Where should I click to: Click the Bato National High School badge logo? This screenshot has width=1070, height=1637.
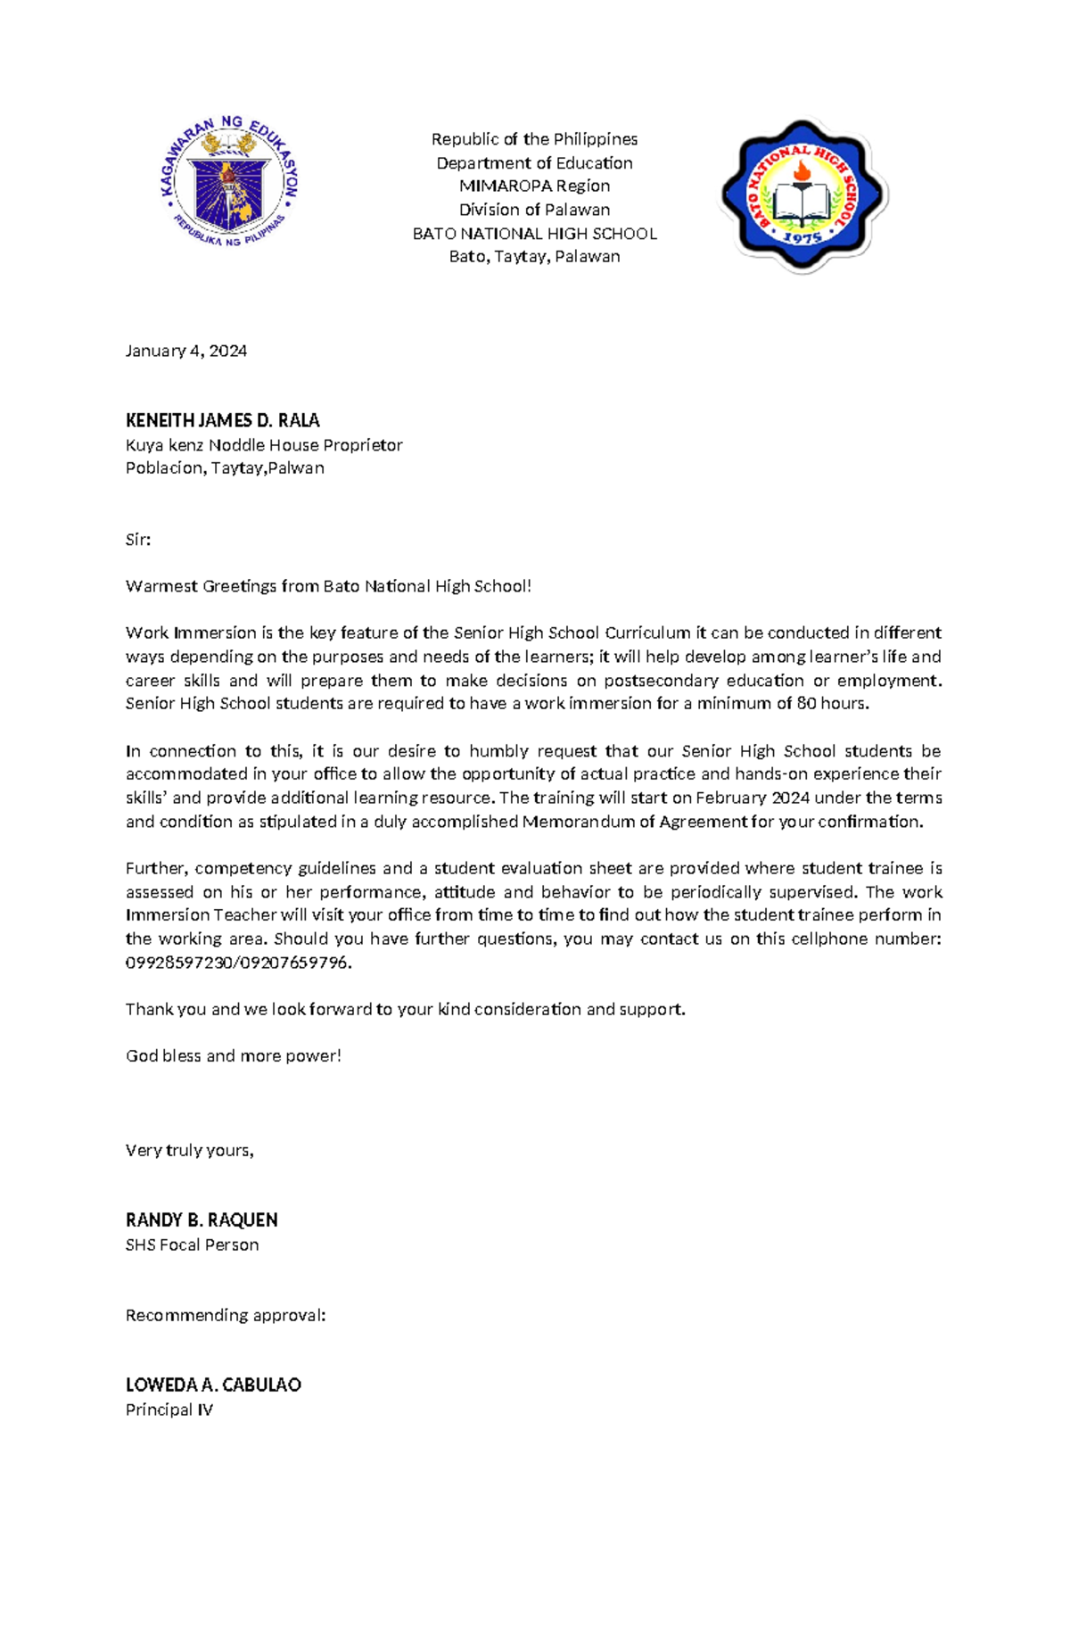(x=802, y=194)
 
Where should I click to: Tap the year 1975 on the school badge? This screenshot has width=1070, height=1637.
(x=802, y=238)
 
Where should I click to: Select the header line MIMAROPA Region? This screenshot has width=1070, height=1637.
(x=534, y=186)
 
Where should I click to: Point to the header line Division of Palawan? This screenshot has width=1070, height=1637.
(x=534, y=210)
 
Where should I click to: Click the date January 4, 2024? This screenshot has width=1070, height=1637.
(x=185, y=351)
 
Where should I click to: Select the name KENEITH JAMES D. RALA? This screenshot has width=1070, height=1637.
(x=222, y=420)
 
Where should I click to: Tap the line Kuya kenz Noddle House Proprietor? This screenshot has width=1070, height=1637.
(x=263, y=444)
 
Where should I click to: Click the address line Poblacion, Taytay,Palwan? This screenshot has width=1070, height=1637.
(x=224, y=467)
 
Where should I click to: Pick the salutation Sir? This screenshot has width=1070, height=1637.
(x=137, y=540)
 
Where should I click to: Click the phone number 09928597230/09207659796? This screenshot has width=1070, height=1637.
(x=238, y=963)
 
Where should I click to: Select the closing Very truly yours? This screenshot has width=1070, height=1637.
(x=189, y=1150)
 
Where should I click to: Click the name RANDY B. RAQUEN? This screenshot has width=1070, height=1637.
(x=201, y=1219)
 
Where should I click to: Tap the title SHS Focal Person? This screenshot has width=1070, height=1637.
(x=192, y=1244)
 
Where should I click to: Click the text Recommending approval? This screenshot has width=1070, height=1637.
(x=225, y=1315)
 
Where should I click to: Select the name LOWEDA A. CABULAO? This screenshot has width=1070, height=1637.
(x=212, y=1385)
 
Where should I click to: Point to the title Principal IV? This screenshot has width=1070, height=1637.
(x=169, y=1410)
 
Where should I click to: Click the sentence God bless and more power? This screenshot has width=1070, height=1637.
(x=233, y=1056)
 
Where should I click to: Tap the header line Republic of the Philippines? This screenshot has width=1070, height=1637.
(x=534, y=139)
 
